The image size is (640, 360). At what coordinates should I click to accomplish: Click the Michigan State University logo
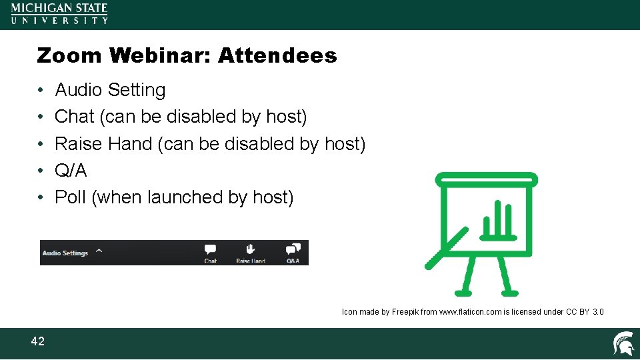59,13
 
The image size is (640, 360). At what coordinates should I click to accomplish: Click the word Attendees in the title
277,55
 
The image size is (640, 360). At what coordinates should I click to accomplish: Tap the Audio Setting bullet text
110,90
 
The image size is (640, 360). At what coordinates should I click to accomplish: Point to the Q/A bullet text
71,171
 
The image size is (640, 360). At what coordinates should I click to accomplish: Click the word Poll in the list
70,197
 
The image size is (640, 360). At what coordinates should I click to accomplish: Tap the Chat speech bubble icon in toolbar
211,249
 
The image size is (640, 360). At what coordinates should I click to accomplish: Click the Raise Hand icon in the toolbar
251,249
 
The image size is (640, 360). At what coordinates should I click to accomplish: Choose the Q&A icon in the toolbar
293,249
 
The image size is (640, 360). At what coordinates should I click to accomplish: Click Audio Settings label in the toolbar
65,253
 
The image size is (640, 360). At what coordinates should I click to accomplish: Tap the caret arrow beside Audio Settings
99,251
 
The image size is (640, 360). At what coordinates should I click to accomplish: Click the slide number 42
38,342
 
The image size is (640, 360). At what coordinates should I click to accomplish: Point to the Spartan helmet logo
623,343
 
